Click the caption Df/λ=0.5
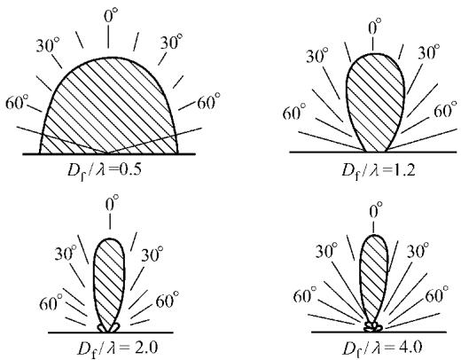point(105,171)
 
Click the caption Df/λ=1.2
point(379,171)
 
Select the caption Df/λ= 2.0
point(117,349)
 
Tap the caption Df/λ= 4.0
point(382,349)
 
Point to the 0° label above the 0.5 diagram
point(111,16)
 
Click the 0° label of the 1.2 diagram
point(375,29)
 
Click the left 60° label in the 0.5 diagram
point(17,104)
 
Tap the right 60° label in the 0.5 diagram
point(208,101)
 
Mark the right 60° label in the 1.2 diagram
point(445,110)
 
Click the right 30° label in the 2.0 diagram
point(152,254)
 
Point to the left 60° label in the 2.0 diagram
point(51,302)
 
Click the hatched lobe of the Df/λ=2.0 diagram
point(109,284)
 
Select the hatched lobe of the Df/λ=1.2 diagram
point(375,100)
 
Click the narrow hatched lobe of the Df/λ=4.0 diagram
point(374,278)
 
